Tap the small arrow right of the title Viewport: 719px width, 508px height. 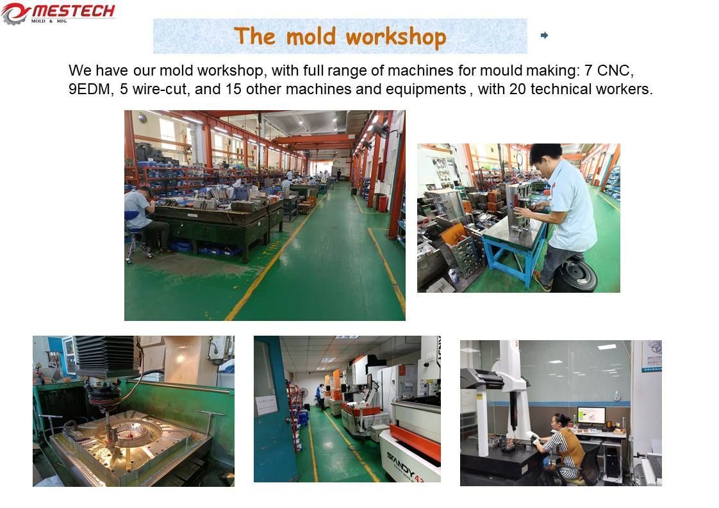pos(544,35)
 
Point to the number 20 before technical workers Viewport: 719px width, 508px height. pos(518,89)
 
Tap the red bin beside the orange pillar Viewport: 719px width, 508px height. pos(382,203)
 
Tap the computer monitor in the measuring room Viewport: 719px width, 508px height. pos(590,416)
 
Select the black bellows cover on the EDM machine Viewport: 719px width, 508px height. pos(106,356)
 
